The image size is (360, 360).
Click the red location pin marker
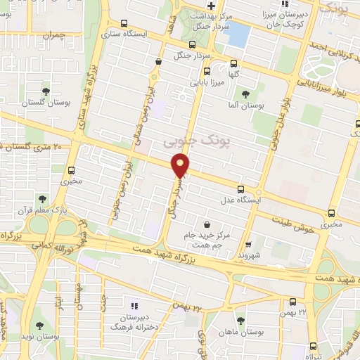pos(181,167)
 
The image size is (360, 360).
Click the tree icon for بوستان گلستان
pos(46,91)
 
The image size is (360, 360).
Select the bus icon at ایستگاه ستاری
pos(124,22)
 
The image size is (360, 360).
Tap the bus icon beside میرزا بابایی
pos(207,71)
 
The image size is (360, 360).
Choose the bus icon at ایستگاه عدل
pos(242,188)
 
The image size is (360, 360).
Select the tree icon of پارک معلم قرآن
pos(42,199)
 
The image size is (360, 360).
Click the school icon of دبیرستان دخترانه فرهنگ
pos(134,306)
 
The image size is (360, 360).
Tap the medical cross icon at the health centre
pos(200,6)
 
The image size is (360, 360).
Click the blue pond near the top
pos(239,34)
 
